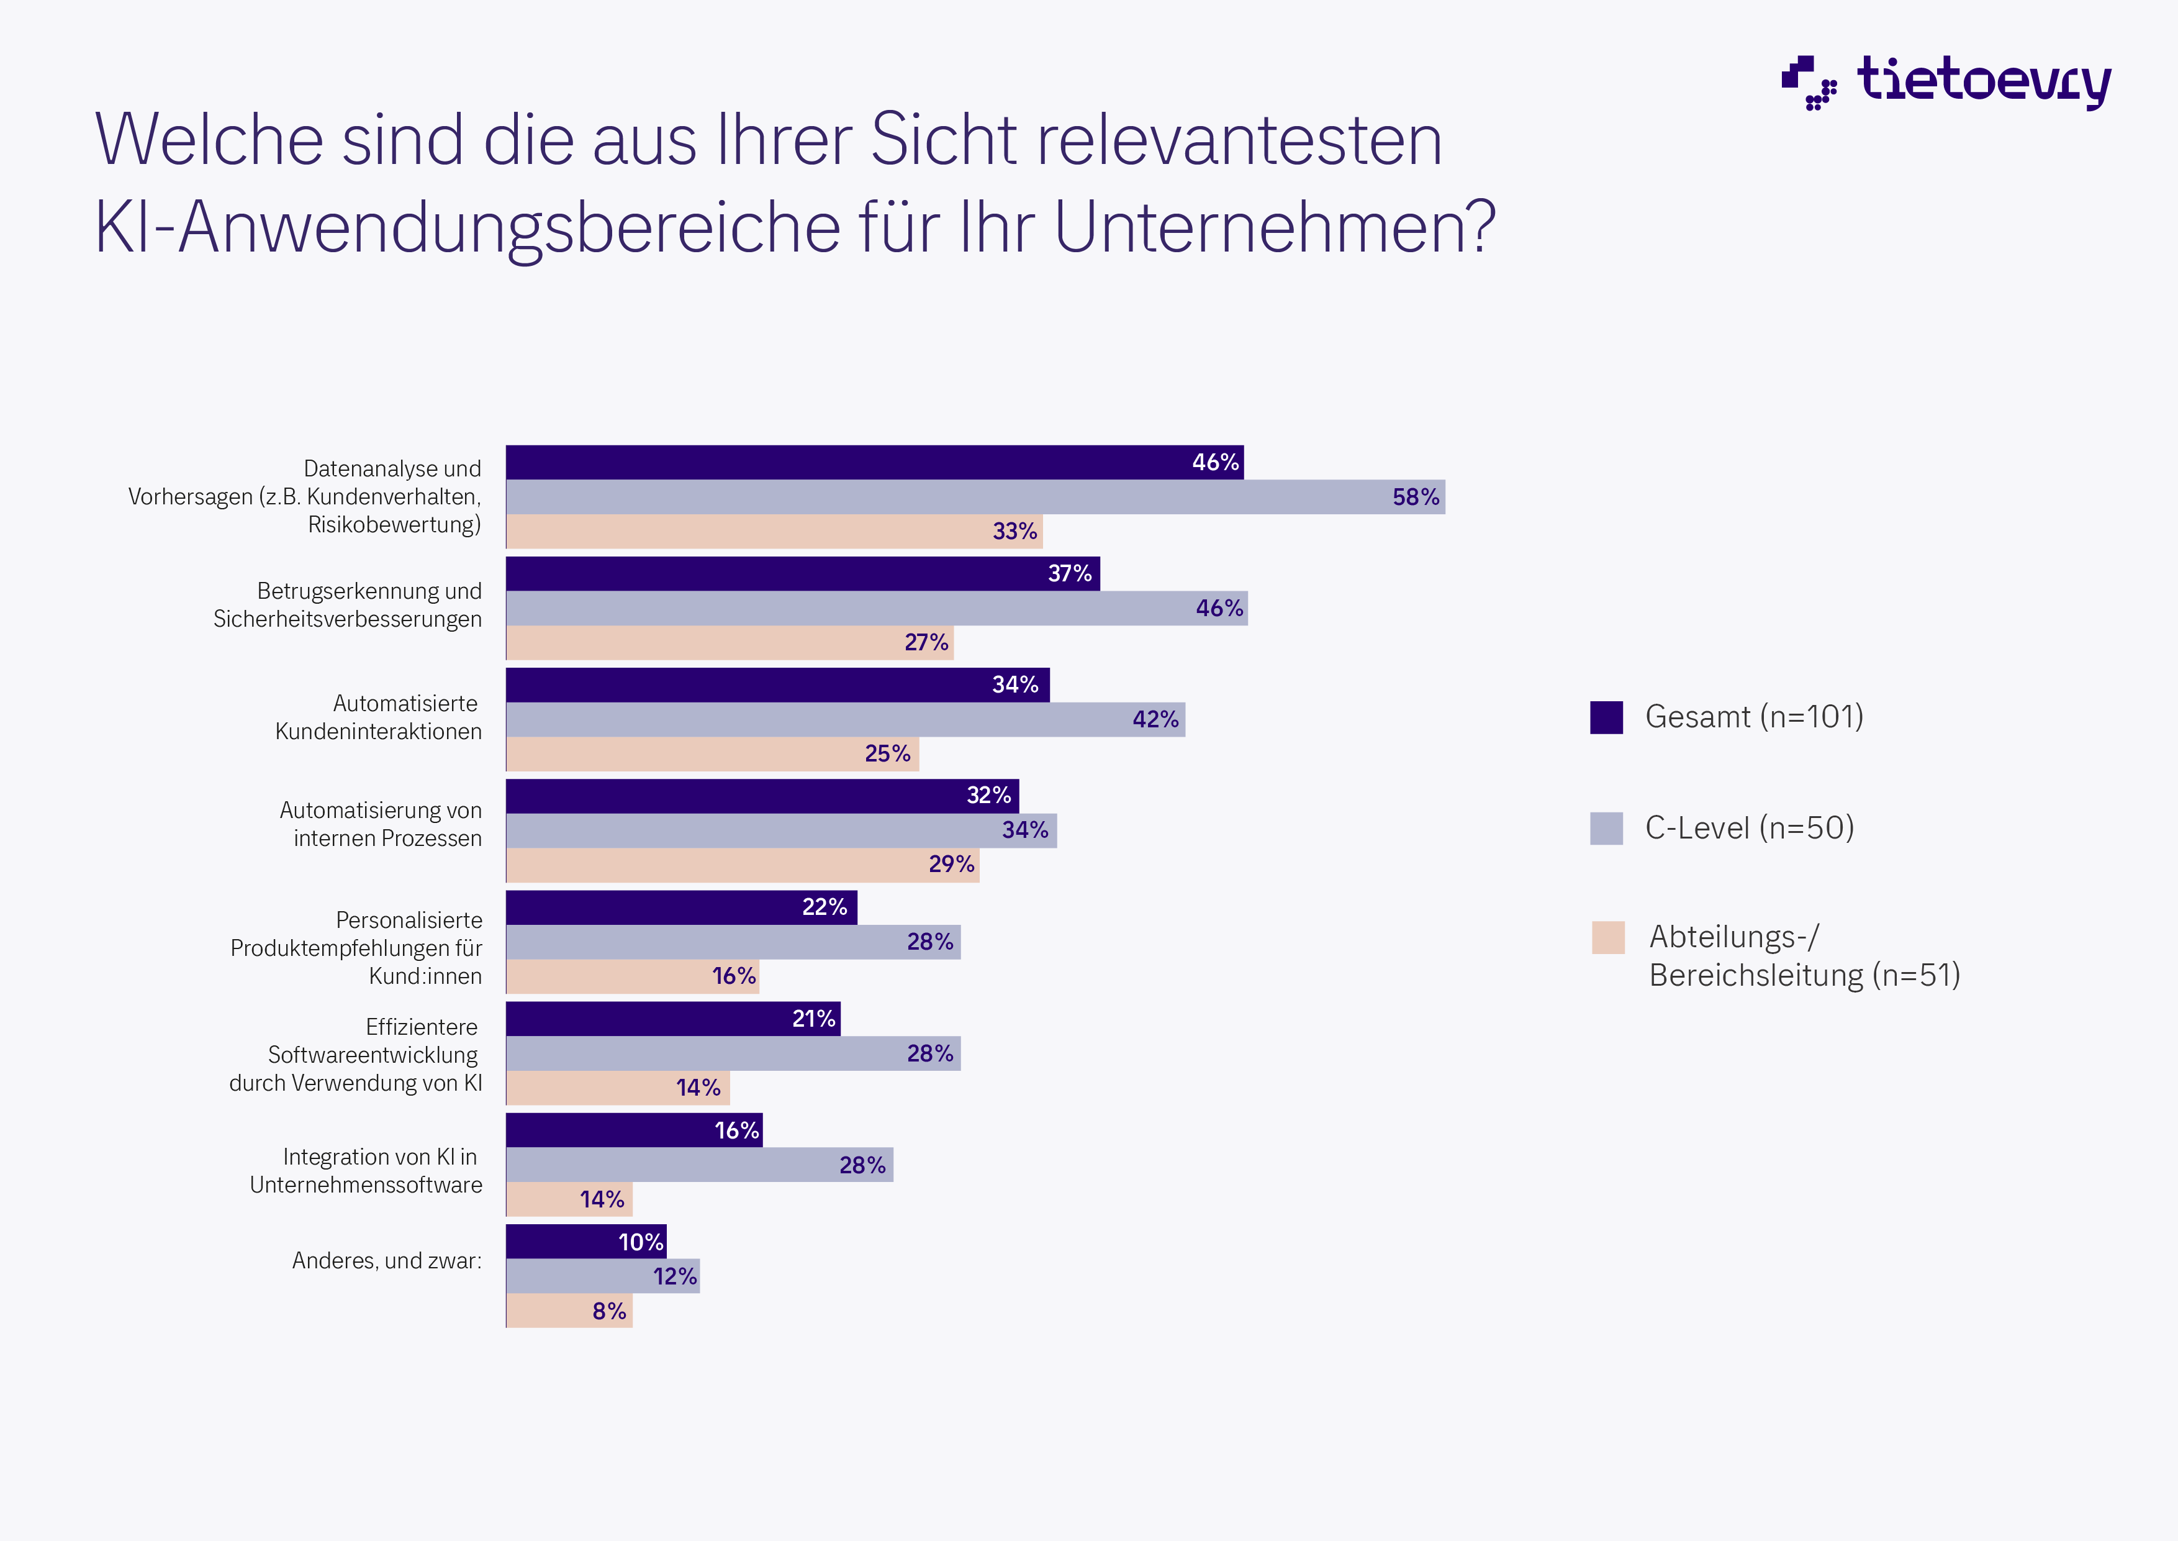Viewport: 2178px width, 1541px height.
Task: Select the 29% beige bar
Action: click(x=742, y=865)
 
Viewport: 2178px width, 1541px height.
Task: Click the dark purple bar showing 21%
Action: click(x=672, y=1019)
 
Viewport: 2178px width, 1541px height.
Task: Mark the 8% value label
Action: click(x=609, y=1311)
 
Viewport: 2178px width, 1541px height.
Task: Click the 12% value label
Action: click(x=674, y=1277)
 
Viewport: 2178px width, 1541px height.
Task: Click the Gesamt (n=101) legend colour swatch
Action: click(x=1606, y=717)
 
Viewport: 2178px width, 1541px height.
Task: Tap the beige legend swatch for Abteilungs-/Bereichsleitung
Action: click(x=1608, y=937)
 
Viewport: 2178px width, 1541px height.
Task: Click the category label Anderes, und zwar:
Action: click(x=386, y=1261)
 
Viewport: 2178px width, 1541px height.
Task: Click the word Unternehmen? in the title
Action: click(x=1274, y=228)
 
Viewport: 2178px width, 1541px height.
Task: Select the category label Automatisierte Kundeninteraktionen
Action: click(x=379, y=717)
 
